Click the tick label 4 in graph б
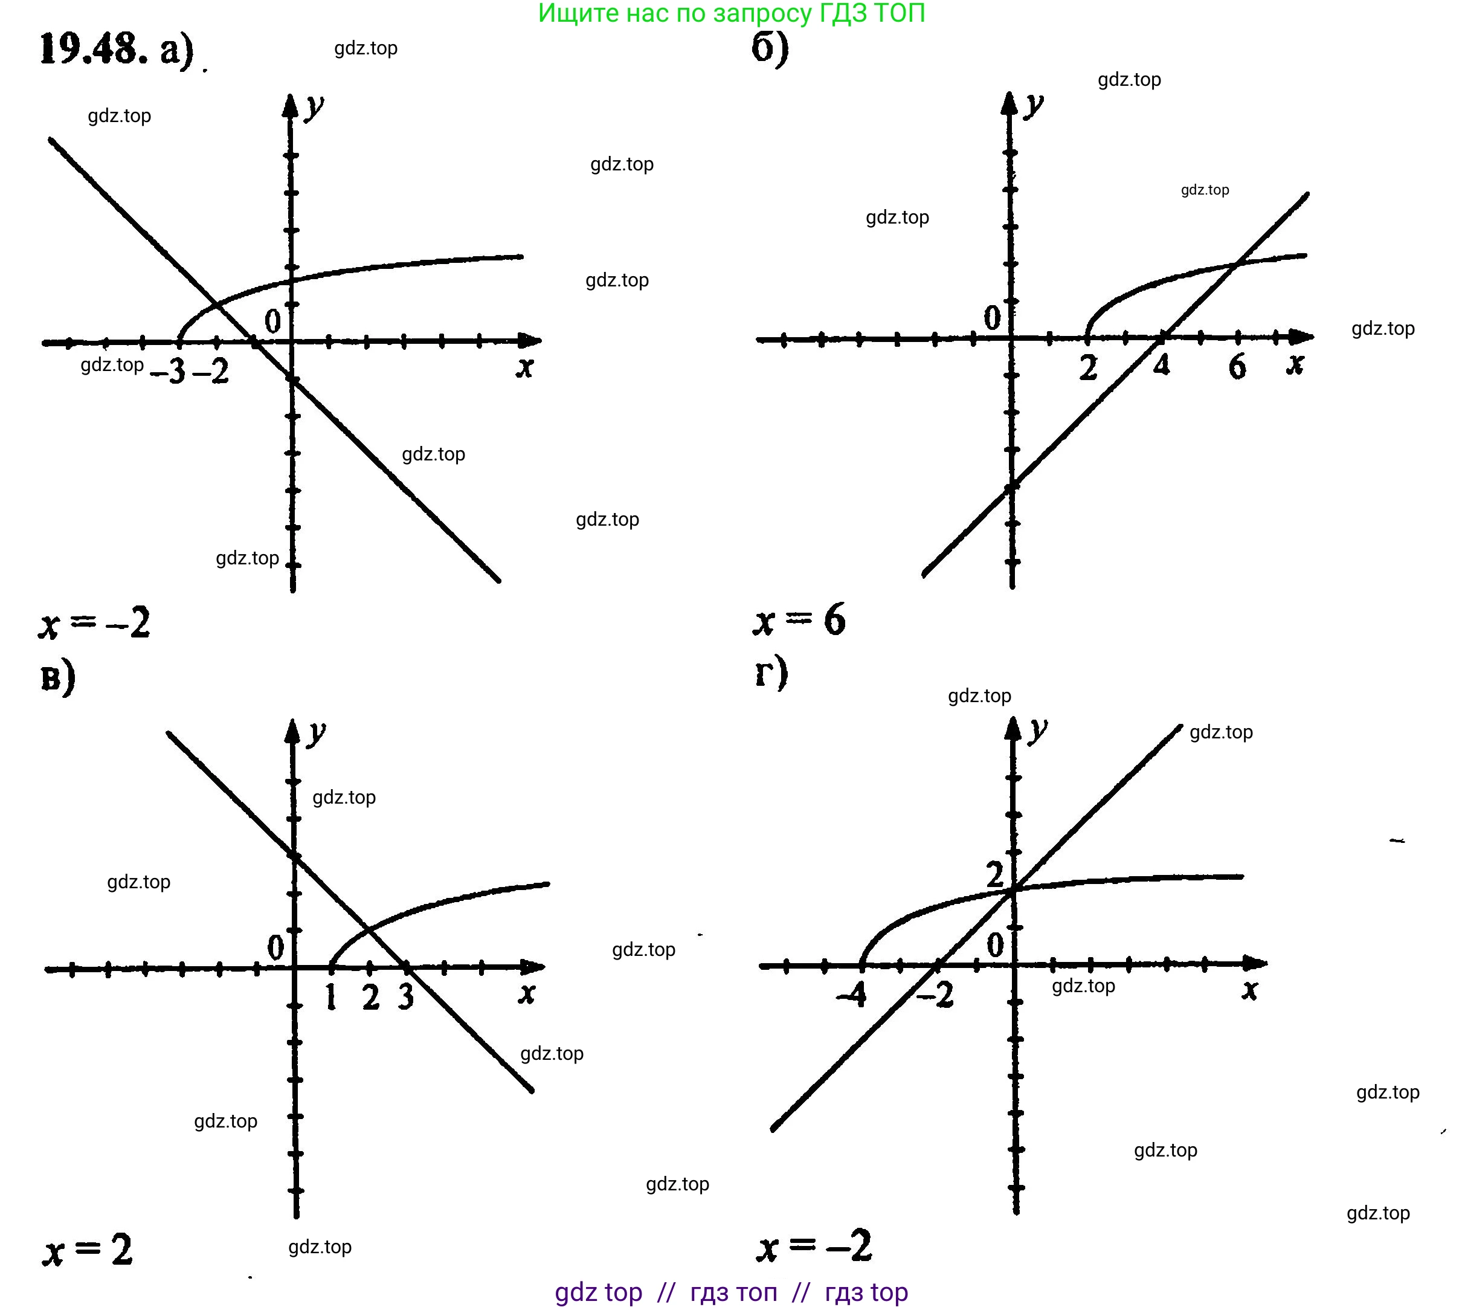coord(1161,366)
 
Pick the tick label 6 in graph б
coord(1237,367)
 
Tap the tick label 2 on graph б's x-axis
coord(1088,369)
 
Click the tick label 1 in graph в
coord(331,998)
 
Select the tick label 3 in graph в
coord(407,997)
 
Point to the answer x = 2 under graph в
coord(88,1251)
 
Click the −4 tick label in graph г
coord(851,995)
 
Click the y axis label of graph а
coord(314,108)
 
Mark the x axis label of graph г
coord(1250,990)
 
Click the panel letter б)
coord(770,49)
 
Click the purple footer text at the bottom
coord(731,1292)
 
